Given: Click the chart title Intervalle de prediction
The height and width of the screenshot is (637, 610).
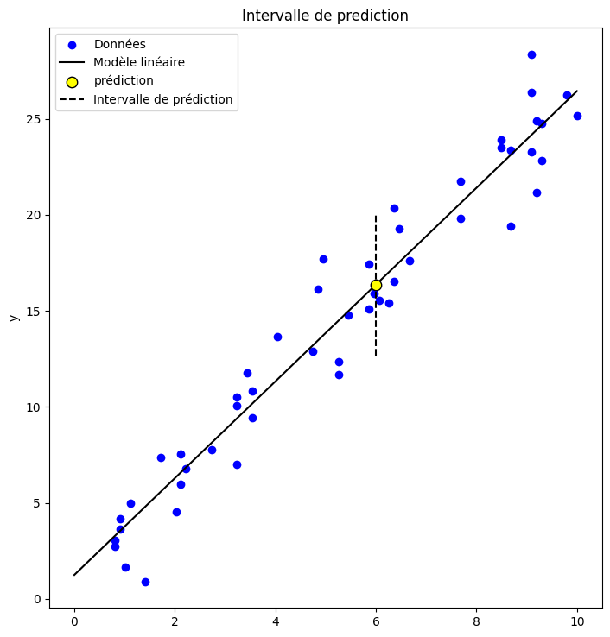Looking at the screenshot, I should click(325, 16).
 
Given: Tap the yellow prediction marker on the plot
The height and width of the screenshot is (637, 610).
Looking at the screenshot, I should click(376, 285).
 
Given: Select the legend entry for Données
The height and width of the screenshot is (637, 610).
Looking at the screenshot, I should click(119, 44).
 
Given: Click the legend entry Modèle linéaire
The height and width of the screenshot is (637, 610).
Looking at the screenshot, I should click(139, 62).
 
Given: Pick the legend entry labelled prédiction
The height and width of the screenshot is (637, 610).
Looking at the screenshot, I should click(124, 81).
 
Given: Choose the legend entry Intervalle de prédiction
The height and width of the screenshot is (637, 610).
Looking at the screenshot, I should click(163, 99).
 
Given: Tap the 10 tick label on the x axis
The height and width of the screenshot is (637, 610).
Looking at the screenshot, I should click(576, 620).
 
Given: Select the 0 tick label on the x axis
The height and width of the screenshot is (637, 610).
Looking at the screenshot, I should click(74, 620).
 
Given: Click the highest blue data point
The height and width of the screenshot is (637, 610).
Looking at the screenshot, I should click(531, 54).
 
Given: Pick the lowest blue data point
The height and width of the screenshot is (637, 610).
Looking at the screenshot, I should click(145, 582).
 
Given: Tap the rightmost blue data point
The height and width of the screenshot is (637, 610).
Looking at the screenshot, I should click(577, 116).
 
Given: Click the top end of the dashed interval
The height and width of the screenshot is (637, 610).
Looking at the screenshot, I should click(376, 216).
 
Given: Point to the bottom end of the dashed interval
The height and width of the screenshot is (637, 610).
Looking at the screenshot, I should click(376, 355).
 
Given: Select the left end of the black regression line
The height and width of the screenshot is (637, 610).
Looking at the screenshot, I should click(74, 575).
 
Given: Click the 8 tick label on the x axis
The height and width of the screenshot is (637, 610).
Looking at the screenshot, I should click(476, 620).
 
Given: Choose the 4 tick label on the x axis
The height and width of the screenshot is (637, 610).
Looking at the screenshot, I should click(276, 620).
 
